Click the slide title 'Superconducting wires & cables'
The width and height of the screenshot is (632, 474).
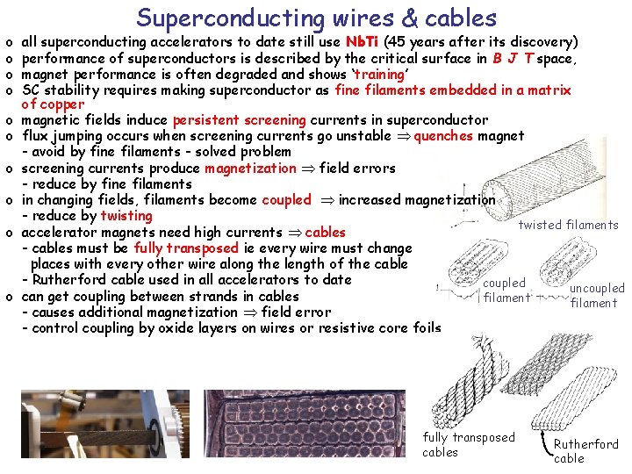tap(316, 18)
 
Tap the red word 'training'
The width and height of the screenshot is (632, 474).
tap(379, 74)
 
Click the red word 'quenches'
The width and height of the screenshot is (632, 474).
tap(442, 136)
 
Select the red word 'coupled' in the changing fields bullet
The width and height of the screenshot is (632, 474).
tap(286, 199)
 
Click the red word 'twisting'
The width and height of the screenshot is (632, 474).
tap(126, 216)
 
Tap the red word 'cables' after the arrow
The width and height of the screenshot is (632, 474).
tap(325, 233)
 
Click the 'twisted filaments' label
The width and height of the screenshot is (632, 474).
tap(568, 225)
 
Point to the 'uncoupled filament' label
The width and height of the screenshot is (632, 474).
tap(596, 295)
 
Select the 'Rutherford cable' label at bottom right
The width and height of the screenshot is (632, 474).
tap(585, 451)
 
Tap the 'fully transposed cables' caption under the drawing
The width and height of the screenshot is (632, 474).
tap(468, 444)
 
